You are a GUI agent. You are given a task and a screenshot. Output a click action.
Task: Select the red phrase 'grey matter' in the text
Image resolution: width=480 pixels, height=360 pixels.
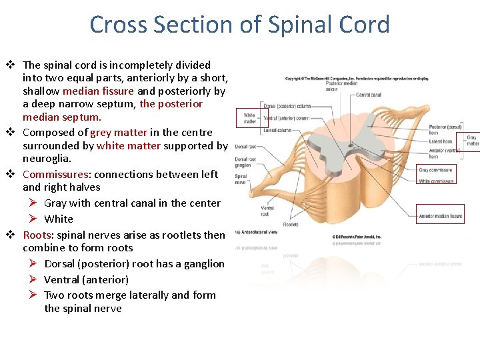click(119, 132)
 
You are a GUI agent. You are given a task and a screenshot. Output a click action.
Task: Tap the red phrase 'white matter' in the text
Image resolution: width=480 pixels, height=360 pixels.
click(128, 145)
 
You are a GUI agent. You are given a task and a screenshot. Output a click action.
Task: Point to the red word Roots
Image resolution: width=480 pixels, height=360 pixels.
click(37, 235)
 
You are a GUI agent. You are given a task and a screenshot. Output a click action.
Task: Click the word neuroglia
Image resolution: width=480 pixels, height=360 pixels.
click(47, 159)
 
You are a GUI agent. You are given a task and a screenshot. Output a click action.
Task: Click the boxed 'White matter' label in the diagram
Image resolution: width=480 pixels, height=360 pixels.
click(250, 118)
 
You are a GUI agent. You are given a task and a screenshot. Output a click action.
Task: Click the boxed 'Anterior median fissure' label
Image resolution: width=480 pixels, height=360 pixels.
click(441, 215)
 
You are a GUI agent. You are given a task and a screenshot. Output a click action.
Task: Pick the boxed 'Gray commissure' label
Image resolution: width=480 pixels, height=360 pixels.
click(436, 170)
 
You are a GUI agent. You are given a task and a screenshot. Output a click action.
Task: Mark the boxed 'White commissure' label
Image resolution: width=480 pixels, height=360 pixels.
click(437, 181)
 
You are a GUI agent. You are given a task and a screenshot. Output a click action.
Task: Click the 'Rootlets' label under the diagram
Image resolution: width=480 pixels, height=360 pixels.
click(291, 225)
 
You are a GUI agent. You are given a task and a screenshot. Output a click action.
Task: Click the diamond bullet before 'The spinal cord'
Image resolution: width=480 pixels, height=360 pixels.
click(11, 65)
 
